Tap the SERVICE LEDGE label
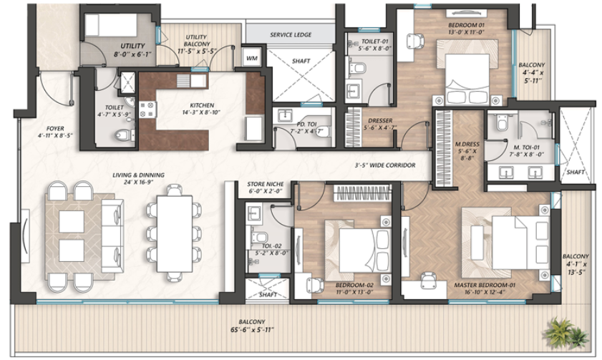290,34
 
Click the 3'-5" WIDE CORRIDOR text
386,165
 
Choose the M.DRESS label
466,152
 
